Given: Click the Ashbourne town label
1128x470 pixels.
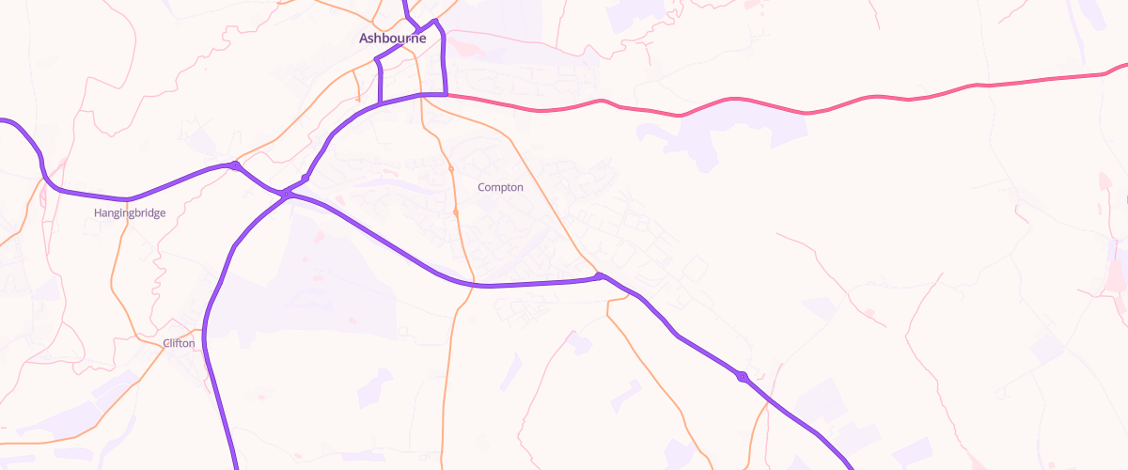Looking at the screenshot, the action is point(392,39).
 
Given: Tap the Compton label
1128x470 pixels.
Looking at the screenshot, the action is point(500,187).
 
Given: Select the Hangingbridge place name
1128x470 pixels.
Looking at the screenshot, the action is point(130,213).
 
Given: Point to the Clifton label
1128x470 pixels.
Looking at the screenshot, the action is point(180,343).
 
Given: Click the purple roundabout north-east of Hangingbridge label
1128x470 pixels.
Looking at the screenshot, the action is point(235,165).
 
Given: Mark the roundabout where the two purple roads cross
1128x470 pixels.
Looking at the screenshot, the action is point(285,195).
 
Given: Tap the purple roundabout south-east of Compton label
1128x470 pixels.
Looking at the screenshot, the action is point(599,276).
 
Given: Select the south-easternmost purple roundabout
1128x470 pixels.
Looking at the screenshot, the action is point(742,376).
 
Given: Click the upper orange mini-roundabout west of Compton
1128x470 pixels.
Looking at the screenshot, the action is point(451,169).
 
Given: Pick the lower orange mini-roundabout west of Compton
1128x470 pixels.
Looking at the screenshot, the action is point(456,212).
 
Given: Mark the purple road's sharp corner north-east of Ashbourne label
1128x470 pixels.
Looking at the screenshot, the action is point(436,21).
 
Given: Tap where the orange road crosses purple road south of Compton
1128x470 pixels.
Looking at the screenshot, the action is point(473,285).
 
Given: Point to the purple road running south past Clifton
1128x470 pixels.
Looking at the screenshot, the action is point(214,376).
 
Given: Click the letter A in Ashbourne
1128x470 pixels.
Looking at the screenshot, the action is point(365,39).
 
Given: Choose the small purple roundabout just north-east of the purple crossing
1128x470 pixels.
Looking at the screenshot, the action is point(305,178).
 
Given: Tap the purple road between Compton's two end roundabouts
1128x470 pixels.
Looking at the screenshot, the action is point(536,283).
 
